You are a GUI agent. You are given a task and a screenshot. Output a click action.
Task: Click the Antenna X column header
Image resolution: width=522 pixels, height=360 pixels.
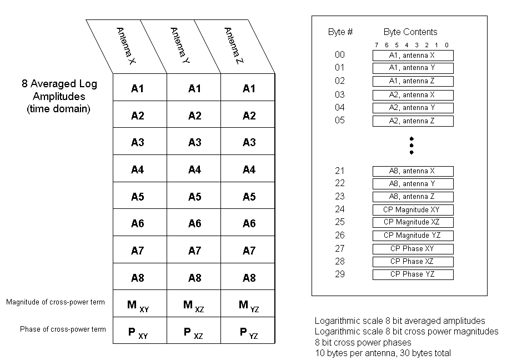tap(127, 47)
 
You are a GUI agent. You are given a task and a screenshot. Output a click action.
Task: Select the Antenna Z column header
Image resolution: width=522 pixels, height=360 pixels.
tap(235, 47)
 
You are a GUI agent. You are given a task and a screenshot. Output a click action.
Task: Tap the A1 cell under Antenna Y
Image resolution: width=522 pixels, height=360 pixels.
tap(194, 88)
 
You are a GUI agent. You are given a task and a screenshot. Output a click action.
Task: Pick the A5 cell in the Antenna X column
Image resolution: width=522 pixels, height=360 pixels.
tap(137, 197)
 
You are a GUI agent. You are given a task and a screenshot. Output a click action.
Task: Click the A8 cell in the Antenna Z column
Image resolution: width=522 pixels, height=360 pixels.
tap(249, 278)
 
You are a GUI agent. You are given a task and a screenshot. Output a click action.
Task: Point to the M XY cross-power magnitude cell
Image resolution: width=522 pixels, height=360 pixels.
tap(138, 305)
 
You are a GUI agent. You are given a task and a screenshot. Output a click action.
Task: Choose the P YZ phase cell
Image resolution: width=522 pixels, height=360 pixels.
tap(249, 332)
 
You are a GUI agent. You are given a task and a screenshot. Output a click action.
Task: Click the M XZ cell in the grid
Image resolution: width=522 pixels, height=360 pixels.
tap(194, 305)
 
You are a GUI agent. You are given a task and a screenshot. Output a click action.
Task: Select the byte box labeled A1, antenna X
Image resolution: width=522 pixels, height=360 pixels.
tap(413, 56)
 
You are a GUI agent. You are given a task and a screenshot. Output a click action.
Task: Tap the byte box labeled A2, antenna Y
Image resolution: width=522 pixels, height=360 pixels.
tap(413, 108)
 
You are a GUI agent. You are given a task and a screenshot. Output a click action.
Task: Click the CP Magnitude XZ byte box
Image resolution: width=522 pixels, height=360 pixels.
tap(413, 222)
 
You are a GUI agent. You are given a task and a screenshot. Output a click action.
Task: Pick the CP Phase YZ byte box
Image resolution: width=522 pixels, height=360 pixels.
tap(413, 274)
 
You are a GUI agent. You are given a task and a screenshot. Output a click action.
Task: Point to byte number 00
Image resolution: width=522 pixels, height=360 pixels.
tap(340, 55)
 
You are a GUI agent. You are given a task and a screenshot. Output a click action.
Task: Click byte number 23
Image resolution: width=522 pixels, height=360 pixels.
tap(340, 196)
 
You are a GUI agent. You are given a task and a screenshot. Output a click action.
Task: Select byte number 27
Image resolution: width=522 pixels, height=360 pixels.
tap(340, 248)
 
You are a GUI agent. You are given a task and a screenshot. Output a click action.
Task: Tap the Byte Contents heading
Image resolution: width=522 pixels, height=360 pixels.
tap(410, 32)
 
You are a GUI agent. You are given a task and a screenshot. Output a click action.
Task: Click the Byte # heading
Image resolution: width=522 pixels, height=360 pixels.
tap(340, 32)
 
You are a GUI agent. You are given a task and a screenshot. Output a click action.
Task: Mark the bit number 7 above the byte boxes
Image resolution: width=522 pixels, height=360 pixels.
tap(377, 45)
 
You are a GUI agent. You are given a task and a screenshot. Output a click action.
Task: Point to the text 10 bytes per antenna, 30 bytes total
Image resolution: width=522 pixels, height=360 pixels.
tap(383, 353)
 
